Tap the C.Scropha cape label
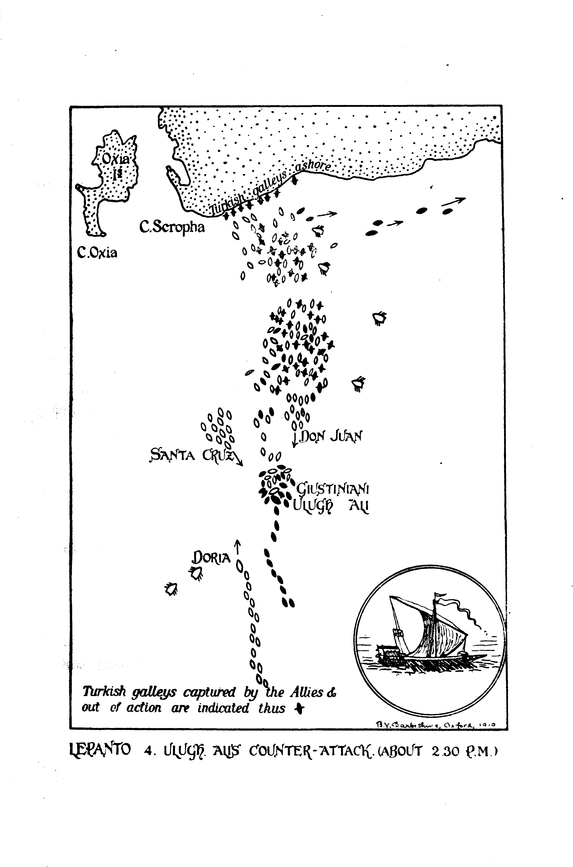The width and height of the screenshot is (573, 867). click(x=172, y=228)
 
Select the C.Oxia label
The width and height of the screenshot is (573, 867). click(x=97, y=253)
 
